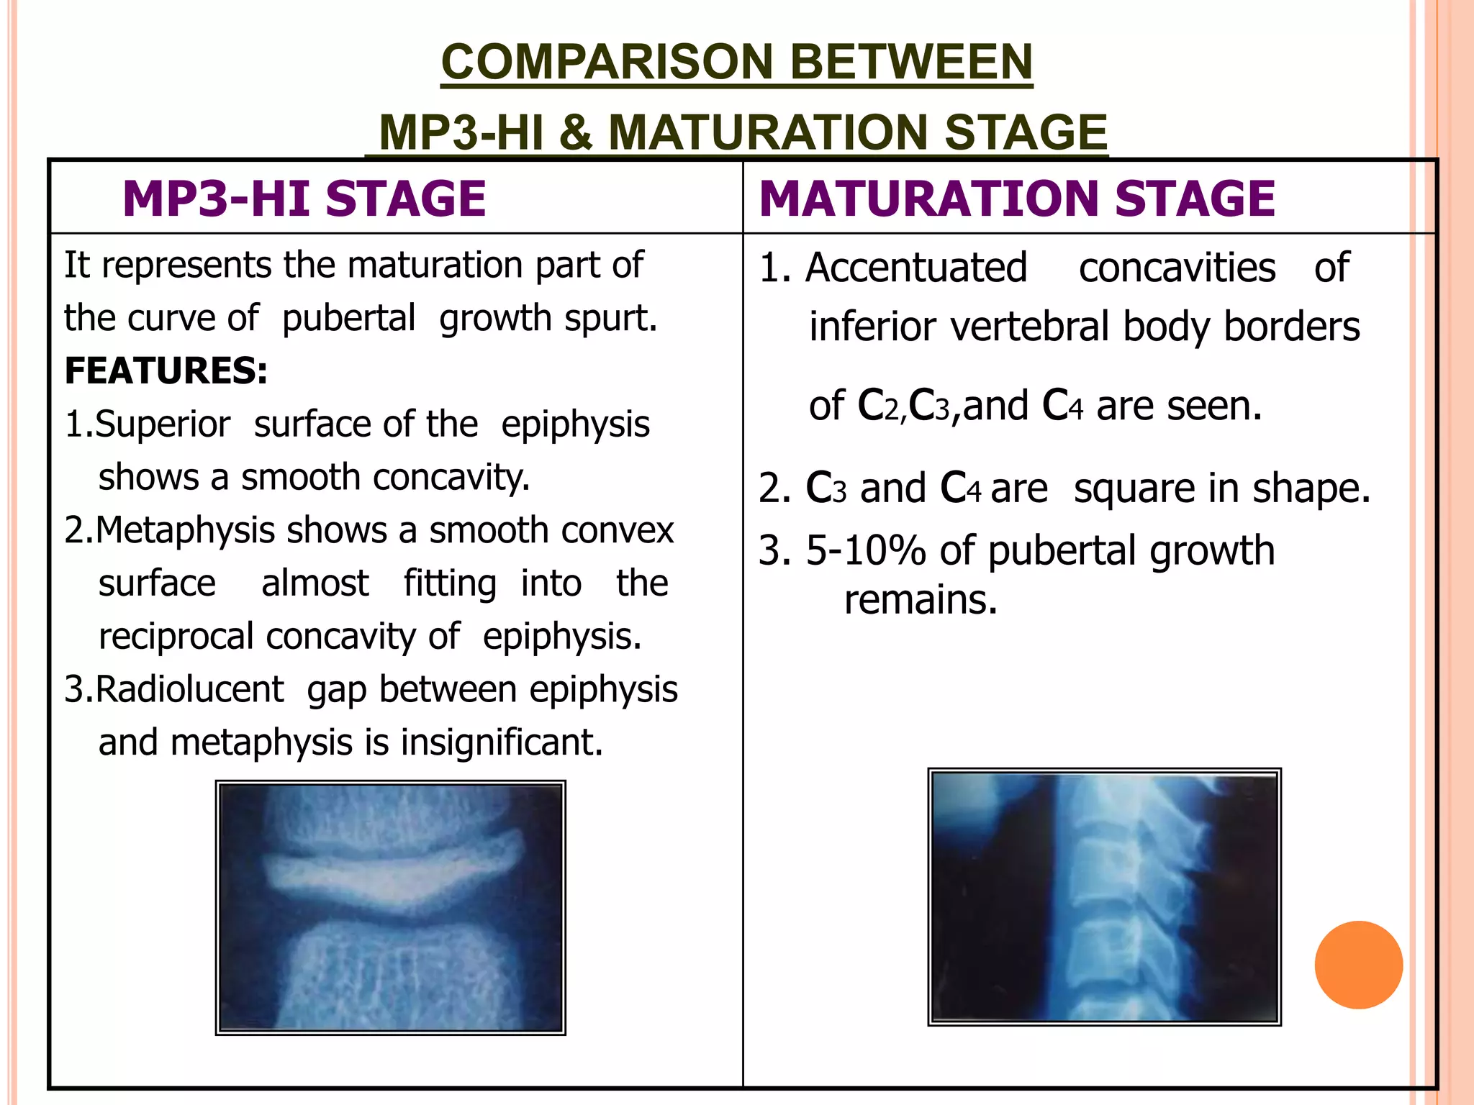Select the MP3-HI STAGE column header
[x=304, y=199]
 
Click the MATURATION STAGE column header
[x=1017, y=199]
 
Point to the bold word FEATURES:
[x=166, y=371]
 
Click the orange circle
[x=1358, y=965]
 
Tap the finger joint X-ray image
[x=391, y=907]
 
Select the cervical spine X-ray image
[x=1104, y=896]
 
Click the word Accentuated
[x=916, y=268]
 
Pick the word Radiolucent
[x=189, y=689]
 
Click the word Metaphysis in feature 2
[x=186, y=531]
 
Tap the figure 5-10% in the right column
[x=865, y=551]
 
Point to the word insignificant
[x=502, y=742]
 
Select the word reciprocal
[x=176, y=637]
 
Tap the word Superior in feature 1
[x=163, y=424]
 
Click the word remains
[x=921, y=600]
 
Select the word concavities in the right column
[x=1177, y=268]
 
